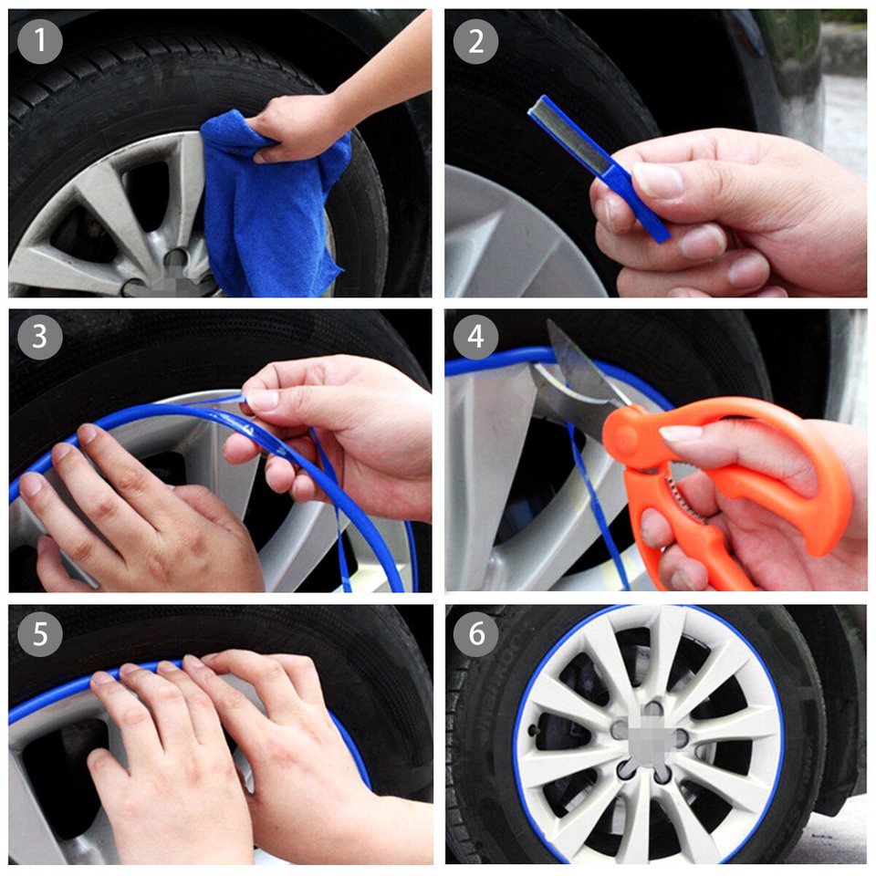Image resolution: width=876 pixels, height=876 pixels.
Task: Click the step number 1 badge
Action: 39,41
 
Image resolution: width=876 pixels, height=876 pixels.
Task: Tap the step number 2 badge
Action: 475,41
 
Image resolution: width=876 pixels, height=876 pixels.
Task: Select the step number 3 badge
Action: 39,337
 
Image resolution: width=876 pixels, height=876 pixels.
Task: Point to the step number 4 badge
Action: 475,337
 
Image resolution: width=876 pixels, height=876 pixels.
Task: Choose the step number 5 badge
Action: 39,633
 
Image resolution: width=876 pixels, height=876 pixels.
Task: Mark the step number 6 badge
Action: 475,633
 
